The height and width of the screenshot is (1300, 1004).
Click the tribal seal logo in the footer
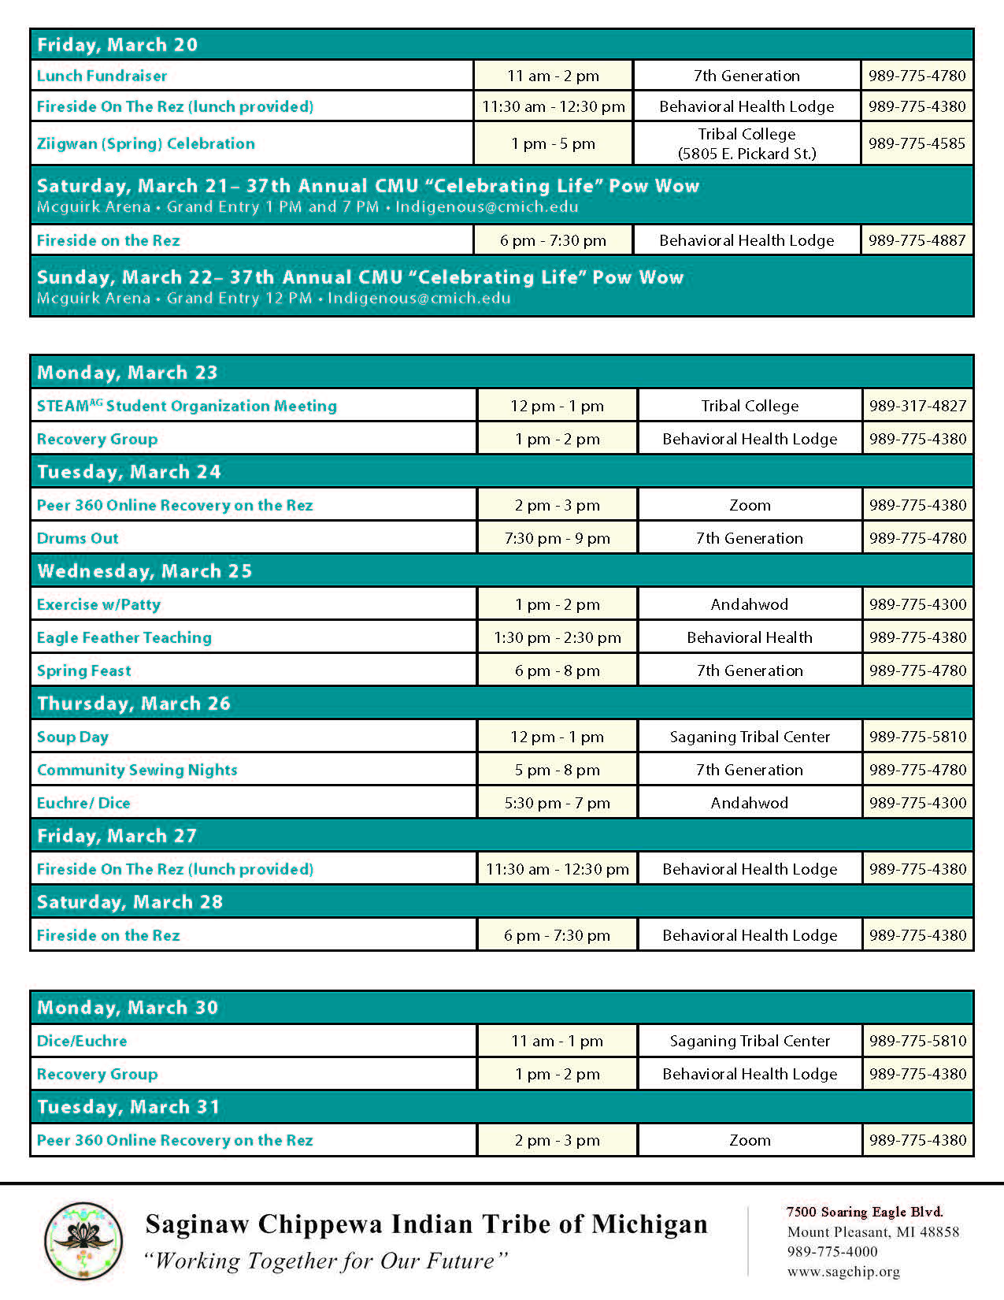pyautogui.click(x=83, y=1241)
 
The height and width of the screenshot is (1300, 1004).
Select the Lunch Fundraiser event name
pyautogui.click(x=102, y=76)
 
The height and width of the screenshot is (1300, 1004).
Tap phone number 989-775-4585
pyautogui.click(x=917, y=143)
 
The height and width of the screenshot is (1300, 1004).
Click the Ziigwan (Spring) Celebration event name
pyautogui.click(x=146, y=144)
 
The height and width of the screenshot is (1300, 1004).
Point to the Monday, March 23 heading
pyautogui.click(x=128, y=373)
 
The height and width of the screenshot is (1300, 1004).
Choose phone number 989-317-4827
pyautogui.click(x=917, y=406)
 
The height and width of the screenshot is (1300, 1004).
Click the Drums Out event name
pyautogui.click(x=78, y=539)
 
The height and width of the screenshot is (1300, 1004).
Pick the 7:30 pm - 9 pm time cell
pyautogui.click(x=557, y=539)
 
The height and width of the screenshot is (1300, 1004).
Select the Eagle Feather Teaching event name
pyautogui.click(x=124, y=638)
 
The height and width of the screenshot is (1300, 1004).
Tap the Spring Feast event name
pyautogui.click(x=84, y=671)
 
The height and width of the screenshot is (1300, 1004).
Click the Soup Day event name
pyautogui.click(x=72, y=737)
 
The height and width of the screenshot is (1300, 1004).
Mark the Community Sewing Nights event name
pyautogui.click(x=137, y=771)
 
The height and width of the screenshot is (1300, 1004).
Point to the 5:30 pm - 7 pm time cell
pyautogui.click(x=557, y=804)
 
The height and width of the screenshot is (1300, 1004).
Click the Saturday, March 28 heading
pyautogui.click(x=130, y=902)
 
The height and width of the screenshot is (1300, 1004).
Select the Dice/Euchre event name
pyautogui.click(x=82, y=1042)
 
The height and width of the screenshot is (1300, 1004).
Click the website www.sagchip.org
pyautogui.click(x=843, y=1272)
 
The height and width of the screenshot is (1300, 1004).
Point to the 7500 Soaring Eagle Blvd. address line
pyautogui.click(x=865, y=1212)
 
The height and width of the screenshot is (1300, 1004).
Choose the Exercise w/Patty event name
pyautogui.click(x=98, y=605)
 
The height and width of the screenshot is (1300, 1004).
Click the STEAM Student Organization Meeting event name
pyautogui.click(x=187, y=407)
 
